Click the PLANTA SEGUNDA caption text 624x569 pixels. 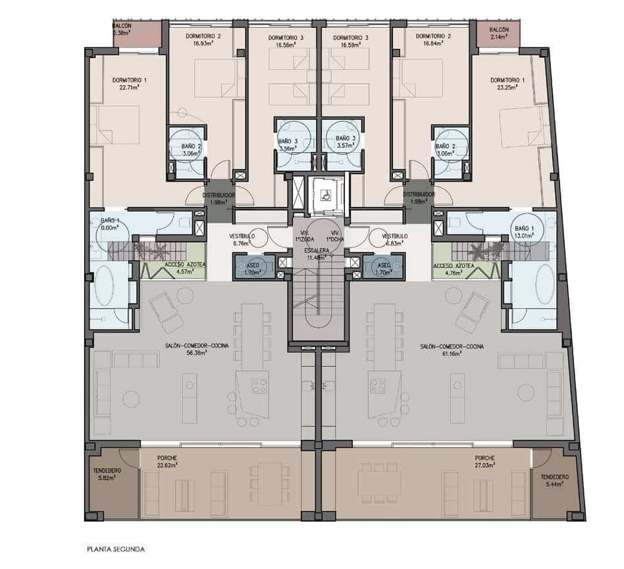[x=116, y=548]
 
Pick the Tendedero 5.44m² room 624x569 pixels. [x=554, y=481]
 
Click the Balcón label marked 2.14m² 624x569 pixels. [x=500, y=34]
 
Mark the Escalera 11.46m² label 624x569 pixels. [x=317, y=256]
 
